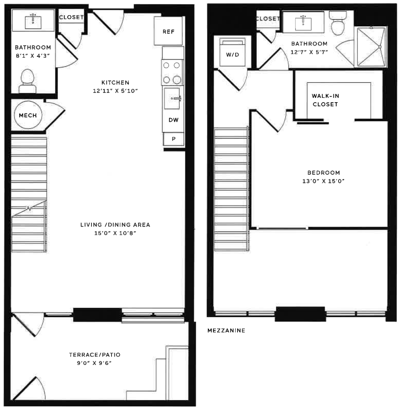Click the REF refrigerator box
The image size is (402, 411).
(168, 31)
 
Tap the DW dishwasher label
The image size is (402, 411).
(174, 120)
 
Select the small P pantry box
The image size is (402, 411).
(174, 139)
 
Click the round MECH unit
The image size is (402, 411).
(28, 115)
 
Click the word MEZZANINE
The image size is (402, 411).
(226, 330)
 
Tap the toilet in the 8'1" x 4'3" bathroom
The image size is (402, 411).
(27, 81)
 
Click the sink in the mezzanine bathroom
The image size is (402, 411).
(303, 23)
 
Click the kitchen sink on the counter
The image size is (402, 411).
(173, 98)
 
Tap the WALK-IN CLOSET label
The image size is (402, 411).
(325, 100)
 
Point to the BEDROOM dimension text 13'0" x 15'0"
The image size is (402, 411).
(323, 181)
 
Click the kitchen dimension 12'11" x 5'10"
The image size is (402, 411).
(115, 91)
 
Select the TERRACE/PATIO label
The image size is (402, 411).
(95, 355)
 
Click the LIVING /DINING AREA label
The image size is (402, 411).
(115, 225)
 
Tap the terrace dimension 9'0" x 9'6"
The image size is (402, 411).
(94, 363)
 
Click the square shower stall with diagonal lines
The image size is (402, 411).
(371, 47)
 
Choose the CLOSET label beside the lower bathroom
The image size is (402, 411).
(71, 17)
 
